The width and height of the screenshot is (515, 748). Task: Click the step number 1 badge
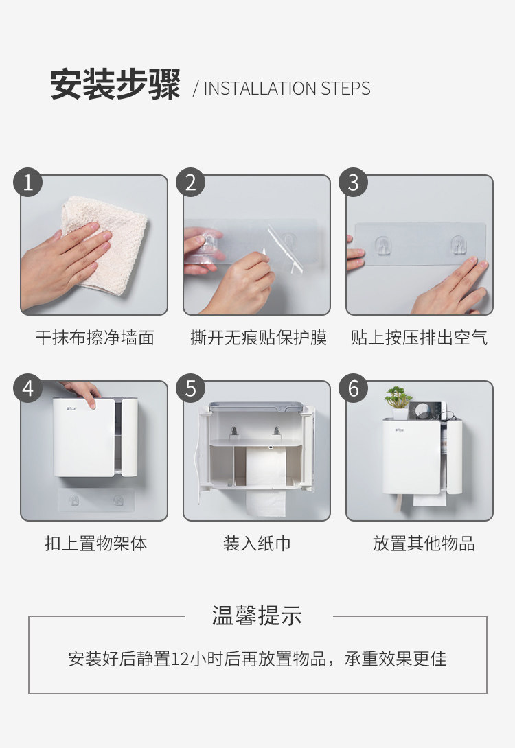[x=27, y=182]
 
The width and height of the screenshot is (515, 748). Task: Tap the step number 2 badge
[x=190, y=182]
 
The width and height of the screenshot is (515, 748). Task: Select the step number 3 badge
[x=353, y=182]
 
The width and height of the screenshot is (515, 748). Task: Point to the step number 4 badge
[x=27, y=388]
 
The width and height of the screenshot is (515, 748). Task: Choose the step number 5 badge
[x=190, y=388]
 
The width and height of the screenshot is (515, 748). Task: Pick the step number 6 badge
[x=353, y=388]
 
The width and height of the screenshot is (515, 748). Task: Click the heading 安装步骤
[x=115, y=84]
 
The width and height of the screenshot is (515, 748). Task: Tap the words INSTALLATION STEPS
[x=287, y=89]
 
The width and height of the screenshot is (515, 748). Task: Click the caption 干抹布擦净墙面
[x=95, y=337]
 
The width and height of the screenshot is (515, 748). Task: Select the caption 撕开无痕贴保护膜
[x=258, y=337]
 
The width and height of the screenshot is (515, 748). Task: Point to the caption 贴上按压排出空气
[x=419, y=337]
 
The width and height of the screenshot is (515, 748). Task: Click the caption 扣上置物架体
[x=95, y=543]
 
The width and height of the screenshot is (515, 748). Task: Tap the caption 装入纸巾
[x=257, y=543]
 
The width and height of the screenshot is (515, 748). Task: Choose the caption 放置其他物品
[x=424, y=543]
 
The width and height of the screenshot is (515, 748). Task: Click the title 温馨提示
[x=257, y=616]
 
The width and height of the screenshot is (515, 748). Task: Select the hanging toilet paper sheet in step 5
[x=266, y=503]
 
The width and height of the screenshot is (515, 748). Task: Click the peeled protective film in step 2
[x=285, y=250]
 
